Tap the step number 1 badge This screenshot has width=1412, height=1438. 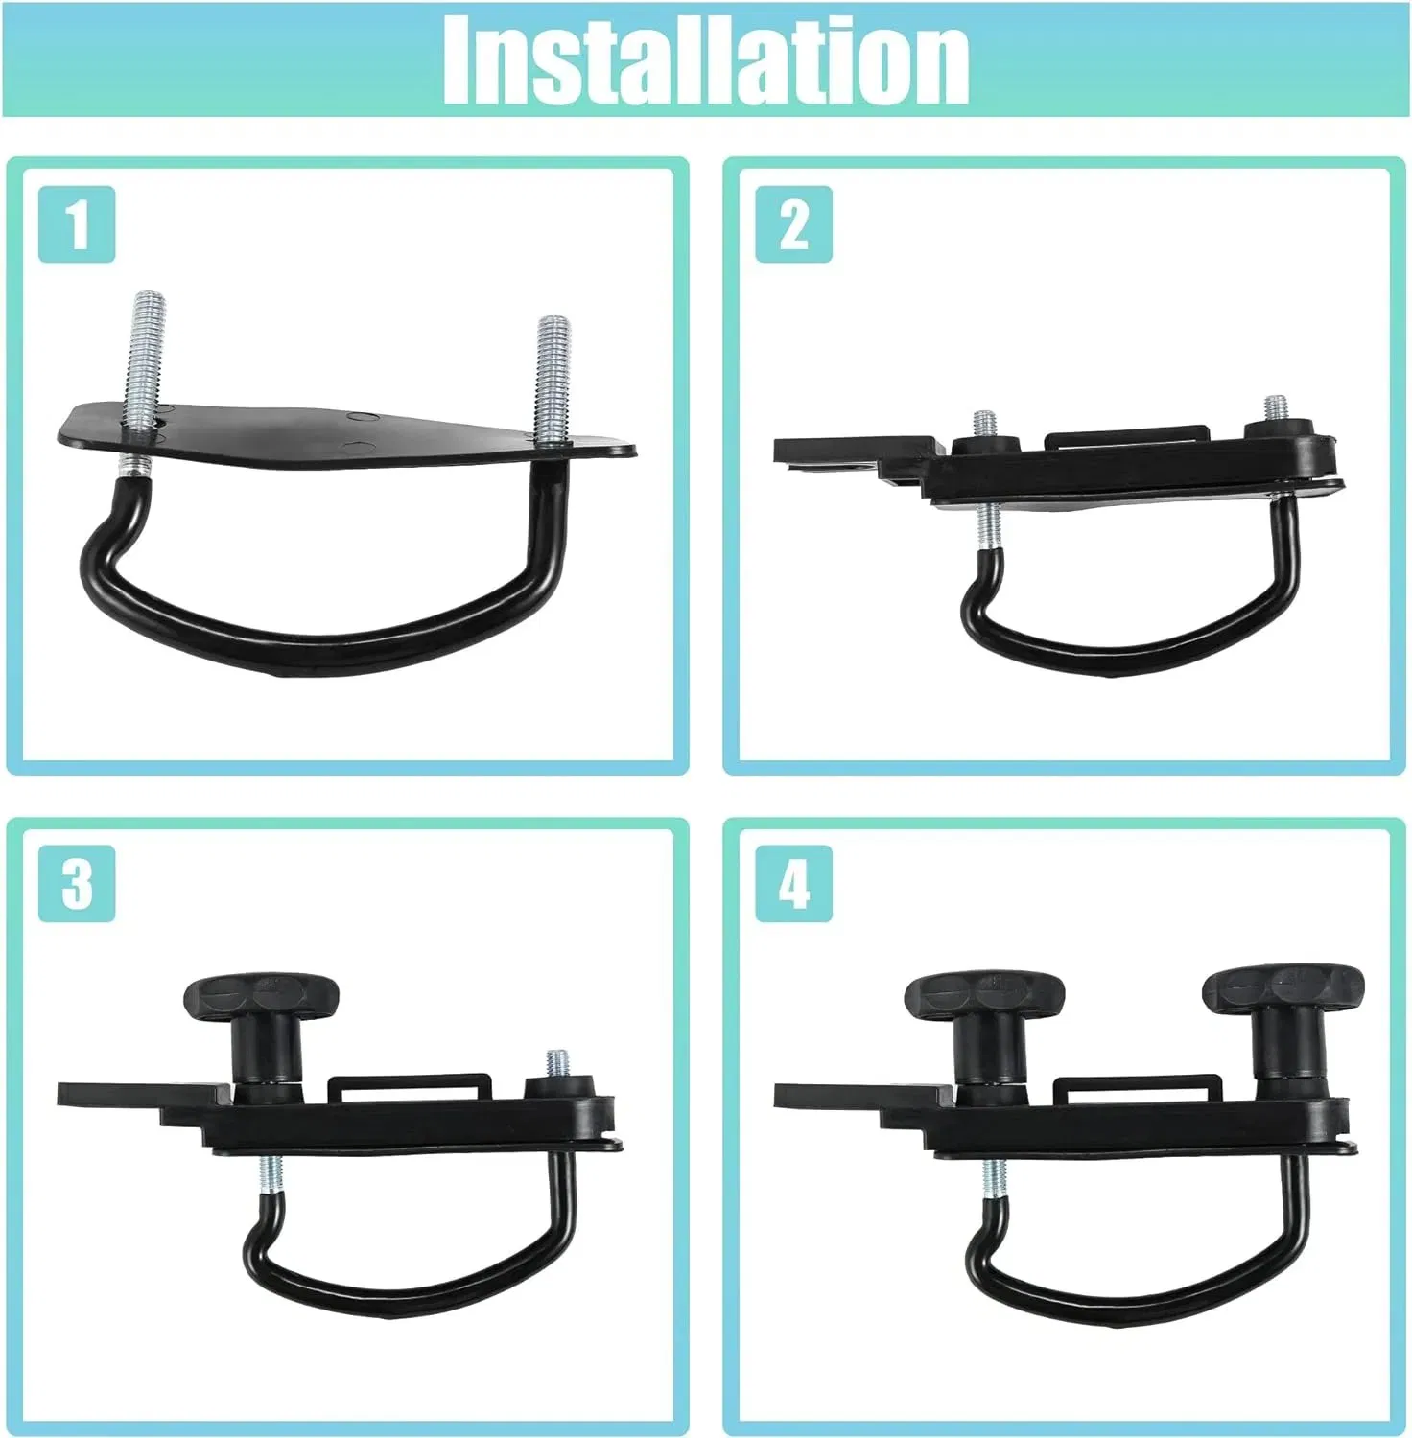click(x=77, y=223)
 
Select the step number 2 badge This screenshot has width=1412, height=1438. click(x=793, y=223)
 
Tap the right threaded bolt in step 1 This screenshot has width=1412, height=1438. click(x=553, y=379)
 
